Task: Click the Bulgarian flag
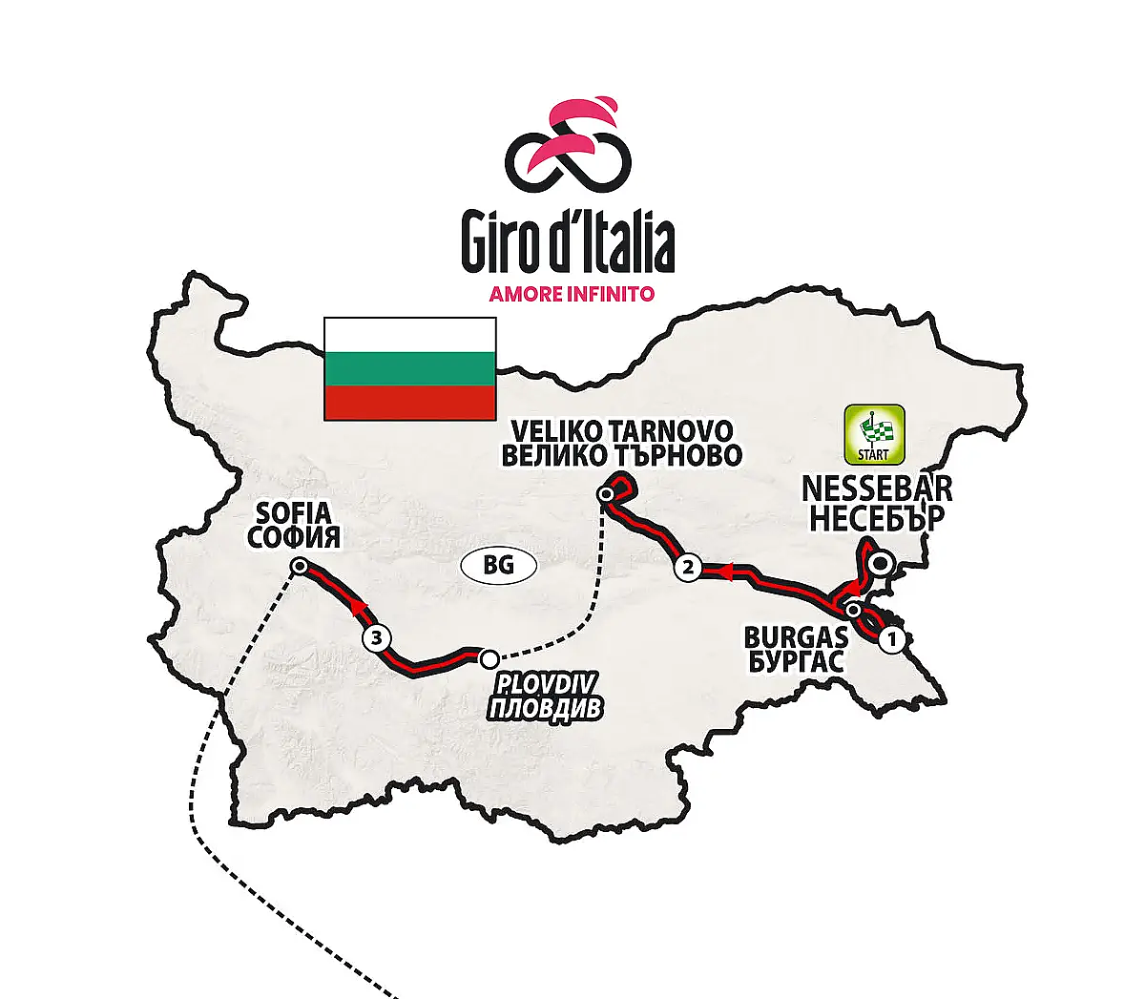410,368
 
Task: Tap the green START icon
873,436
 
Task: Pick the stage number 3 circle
378,637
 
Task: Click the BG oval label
498,565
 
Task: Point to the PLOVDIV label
546,685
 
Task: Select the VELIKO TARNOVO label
621,430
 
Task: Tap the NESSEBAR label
877,489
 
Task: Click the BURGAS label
796,636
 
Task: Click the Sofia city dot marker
299,566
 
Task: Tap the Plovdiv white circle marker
489,657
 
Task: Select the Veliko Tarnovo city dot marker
605,494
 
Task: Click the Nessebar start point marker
884,563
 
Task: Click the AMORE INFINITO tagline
572,294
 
